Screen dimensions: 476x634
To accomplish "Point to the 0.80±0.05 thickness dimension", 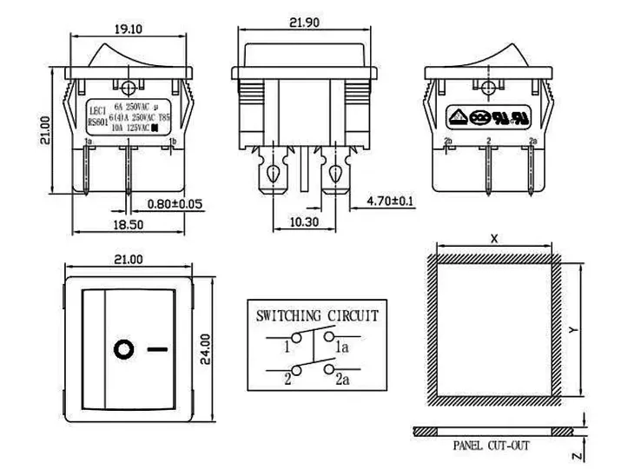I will click(174, 204).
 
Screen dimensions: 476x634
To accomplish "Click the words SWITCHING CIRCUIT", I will click(316, 314).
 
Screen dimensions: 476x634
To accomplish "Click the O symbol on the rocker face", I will click(123, 350).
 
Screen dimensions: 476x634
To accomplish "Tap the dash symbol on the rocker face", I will click(158, 350).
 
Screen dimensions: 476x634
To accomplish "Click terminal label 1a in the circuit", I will click(343, 348).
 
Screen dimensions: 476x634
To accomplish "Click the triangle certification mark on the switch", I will click(456, 115).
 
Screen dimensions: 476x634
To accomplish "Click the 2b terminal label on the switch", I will click(449, 140).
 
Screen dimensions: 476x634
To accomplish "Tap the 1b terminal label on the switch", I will click(173, 140).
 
